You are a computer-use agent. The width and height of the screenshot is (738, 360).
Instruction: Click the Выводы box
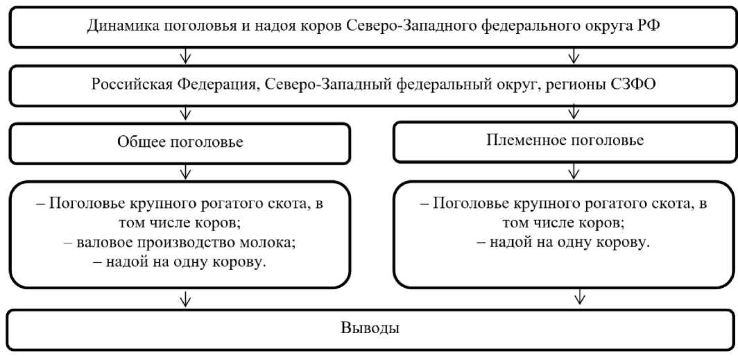[369, 327]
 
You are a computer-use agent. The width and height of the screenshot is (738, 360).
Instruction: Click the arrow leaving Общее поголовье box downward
[184, 171]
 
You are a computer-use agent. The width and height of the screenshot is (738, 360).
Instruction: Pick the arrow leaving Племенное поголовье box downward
[573, 171]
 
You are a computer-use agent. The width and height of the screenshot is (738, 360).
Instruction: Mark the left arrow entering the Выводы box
[184, 300]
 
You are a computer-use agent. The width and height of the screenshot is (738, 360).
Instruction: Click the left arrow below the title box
[184, 56]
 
